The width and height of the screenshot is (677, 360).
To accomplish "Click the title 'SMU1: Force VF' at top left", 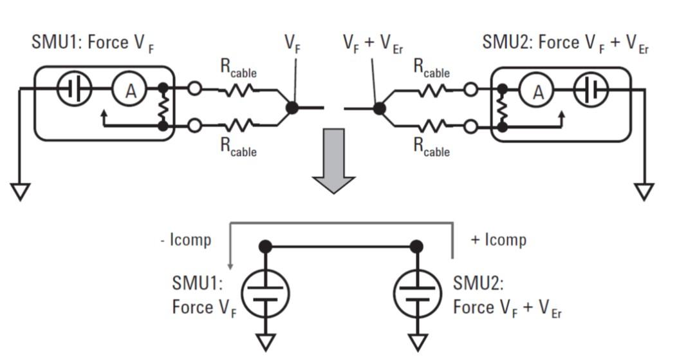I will click(93, 44).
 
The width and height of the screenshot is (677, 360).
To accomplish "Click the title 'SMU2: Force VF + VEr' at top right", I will click(565, 44).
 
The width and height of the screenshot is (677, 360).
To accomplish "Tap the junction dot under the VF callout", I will click(292, 108).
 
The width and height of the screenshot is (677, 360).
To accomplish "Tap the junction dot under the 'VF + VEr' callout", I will click(380, 108).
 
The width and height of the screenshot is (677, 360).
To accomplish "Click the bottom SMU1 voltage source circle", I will click(264, 294).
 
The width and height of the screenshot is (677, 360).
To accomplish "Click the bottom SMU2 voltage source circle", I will click(417, 294).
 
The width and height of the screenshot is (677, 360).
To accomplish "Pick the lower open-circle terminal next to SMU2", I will click(471, 126).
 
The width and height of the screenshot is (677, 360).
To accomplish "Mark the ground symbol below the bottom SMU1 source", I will click(264, 341).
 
